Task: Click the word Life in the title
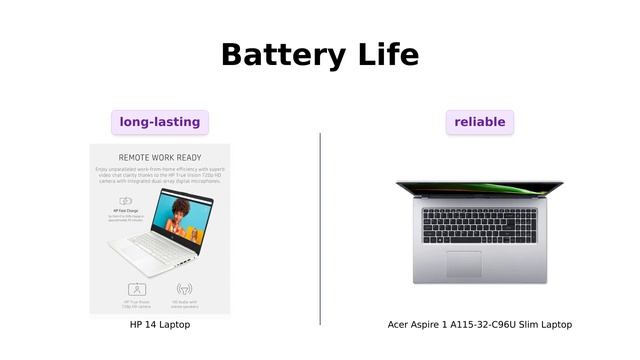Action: pyautogui.click(x=385, y=54)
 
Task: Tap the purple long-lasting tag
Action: pyautogui.click(x=160, y=122)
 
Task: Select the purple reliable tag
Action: pyautogui.click(x=480, y=122)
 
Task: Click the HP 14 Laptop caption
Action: pyautogui.click(x=160, y=325)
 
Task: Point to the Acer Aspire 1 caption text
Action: pyautogui.click(x=480, y=325)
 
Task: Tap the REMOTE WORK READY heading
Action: pyautogui.click(x=160, y=158)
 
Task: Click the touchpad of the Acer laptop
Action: pyautogui.click(x=463, y=263)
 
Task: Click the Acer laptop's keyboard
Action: pyautogui.click(x=480, y=226)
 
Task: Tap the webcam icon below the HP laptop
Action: pyautogui.click(x=137, y=289)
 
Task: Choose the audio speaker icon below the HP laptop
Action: pyautogui.click(x=184, y=289)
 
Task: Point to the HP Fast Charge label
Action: pyautogui.click(x=125, y=211)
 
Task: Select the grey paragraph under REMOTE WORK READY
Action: pyautogui.click(x=160, y=176)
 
